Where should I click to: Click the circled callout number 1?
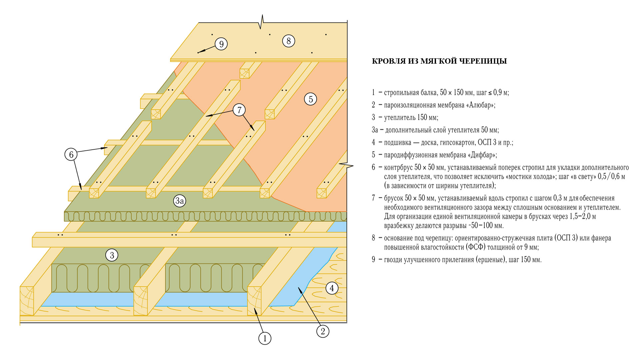[265, 338]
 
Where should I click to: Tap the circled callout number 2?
[323, 331]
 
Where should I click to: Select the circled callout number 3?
[112, 255]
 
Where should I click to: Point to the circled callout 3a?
[180, 201]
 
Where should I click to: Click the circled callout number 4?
[332, 288]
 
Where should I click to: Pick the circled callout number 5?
[311, 99]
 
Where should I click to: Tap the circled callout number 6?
[71, 154]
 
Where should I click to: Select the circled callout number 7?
[239, 110]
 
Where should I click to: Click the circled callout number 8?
[289, 41]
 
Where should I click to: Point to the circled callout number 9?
[221, 44]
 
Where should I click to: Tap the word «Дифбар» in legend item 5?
[482, 155]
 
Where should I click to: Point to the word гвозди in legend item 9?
[394, 260]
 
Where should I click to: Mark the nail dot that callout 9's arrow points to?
[198, 52]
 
